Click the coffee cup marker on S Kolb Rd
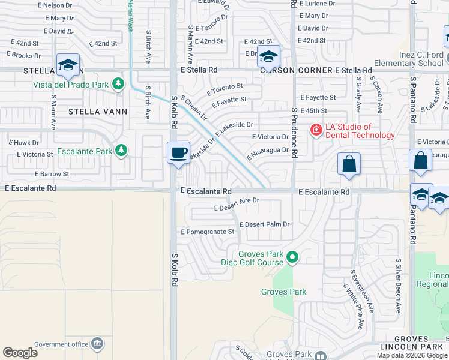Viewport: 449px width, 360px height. [x=179, y=153]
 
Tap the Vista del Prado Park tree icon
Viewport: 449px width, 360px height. [x=119, y=84]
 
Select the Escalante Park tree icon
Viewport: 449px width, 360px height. [x=122, y=151]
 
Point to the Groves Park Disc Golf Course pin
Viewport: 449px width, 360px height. [x=292, y=257]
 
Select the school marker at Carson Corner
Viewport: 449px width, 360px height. [x=268, y=57]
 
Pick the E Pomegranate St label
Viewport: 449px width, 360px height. [x=208, y=232]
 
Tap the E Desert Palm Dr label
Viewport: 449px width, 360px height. [x=265, y=224]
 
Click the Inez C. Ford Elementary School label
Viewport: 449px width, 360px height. [x=408, y=59]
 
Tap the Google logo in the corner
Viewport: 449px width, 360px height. [x=20, y=353]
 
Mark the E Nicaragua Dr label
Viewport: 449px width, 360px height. [x=267, y=154]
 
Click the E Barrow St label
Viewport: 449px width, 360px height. [x=52, y=174]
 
